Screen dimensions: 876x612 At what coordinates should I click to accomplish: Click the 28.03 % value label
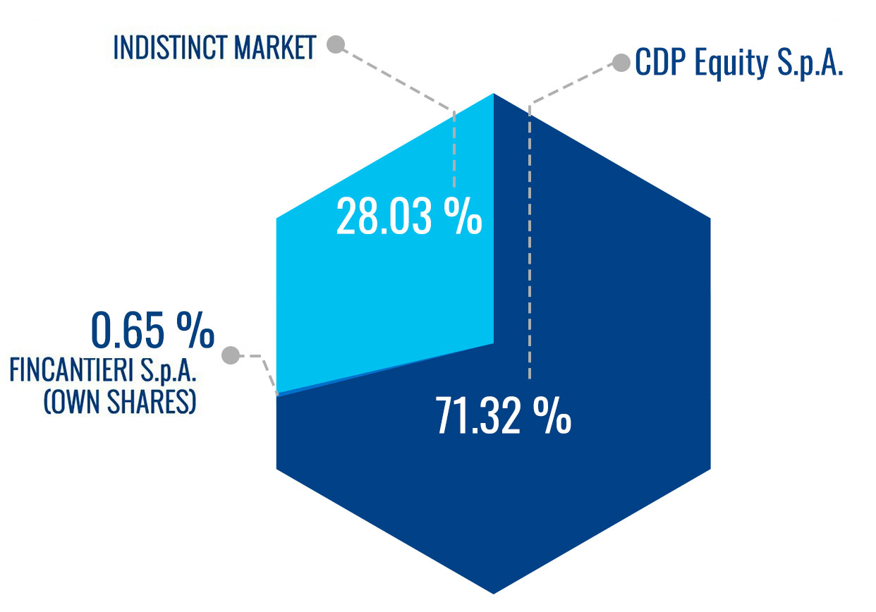pyautogui.click(x=409, y=216)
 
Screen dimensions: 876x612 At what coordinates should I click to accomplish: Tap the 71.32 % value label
pyautogui.click(x=504, y=415)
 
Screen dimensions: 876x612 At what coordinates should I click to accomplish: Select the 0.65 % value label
pyautogui.click(x=152, y=330)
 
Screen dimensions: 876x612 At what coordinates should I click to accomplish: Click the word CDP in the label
pyautogui.click(x=660, y=62)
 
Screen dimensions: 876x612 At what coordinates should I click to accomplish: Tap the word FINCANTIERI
pyautogui.click(x=71, y=370)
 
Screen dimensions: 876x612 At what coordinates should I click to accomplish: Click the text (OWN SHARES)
pyautogui.click(x=120, y=402)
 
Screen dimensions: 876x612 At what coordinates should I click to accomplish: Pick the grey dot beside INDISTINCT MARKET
pyautogui.click(x=336, y=44)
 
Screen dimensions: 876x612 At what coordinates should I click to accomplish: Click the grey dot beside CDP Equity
pyautogui.click(x=621, y=63)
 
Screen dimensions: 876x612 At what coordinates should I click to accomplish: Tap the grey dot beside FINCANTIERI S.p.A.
pyautogui.click(x=231, y=355)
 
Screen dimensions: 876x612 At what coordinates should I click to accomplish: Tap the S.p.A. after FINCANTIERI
pyautogui.click(x=168, y=371)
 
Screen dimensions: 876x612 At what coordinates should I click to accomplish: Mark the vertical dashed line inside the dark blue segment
pyautogui.click(x=530, y=243)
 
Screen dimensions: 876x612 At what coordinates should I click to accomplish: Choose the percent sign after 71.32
pyautogui.click(x=552, y=415)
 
